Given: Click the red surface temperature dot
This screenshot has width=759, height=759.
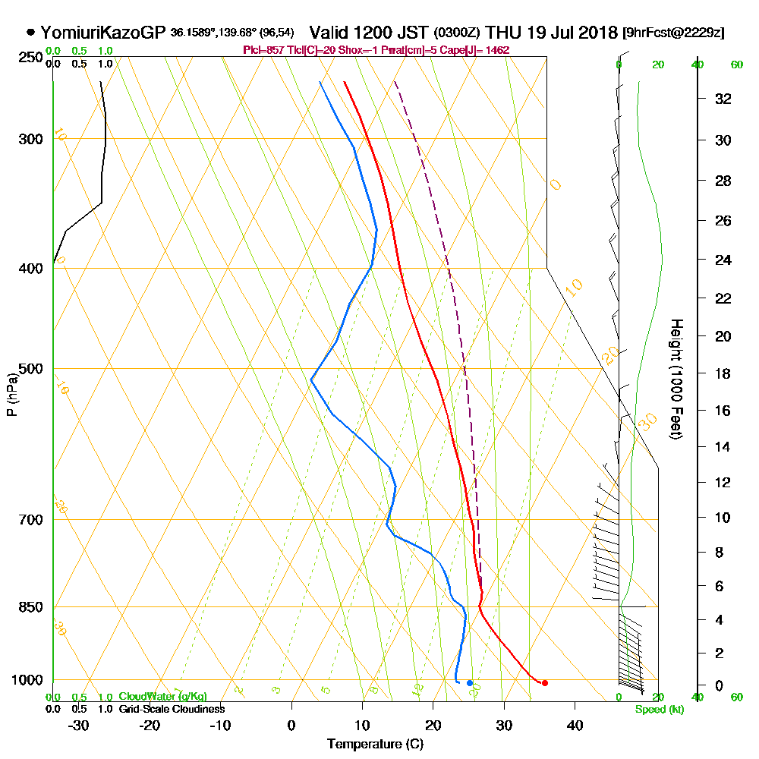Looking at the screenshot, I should click(544, 683).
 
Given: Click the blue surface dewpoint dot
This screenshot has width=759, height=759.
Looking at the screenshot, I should click(470, 683).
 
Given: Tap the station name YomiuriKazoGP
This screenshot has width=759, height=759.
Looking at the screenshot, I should click(103, 33).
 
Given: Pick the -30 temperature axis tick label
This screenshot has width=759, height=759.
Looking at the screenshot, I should click(79, 725).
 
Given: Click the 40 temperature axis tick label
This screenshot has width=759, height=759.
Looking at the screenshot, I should click(575, 725).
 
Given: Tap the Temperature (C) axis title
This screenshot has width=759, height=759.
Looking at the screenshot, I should click(375, 745).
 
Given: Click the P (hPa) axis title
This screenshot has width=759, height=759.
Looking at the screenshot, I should click(12, 395).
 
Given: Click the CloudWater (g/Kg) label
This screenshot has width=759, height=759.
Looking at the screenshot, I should click(162, 697).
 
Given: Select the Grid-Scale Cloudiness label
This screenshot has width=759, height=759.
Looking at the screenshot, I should click(171, 709).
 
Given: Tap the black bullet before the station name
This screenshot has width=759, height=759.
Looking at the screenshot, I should click(30, 33).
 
